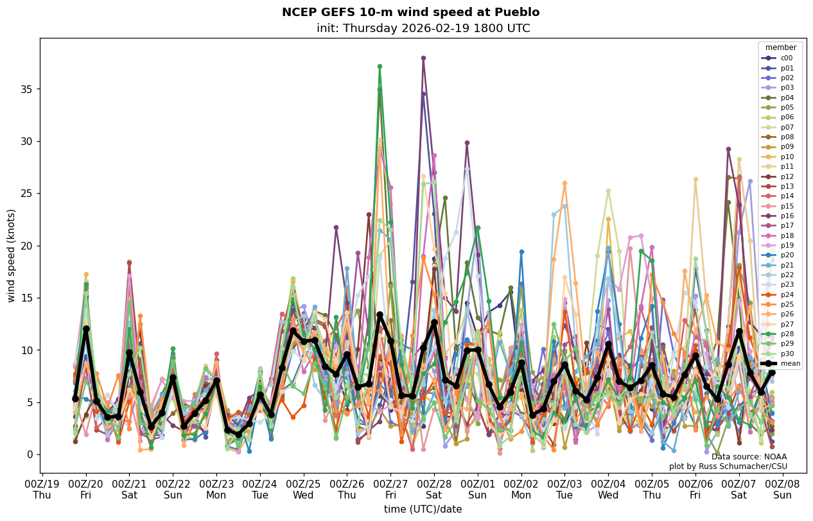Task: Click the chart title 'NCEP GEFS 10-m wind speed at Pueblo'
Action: coord(410,12)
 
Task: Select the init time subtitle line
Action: coord(423,28)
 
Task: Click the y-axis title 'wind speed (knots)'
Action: coord(11,255)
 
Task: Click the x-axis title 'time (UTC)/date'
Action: coord(423,509)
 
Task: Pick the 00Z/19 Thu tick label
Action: coord(42,490)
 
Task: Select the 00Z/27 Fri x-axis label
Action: coord(390,490)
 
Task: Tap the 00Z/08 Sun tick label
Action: coord(783,490)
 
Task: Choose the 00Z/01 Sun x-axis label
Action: coord(478,490)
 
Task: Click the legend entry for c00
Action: coord(787,58)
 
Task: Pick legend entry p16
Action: coord(787,216)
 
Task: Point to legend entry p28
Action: coord(787,334)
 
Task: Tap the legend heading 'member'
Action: coord(780,47)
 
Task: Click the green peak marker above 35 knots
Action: coord(380,66)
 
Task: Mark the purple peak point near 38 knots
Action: coord(423,58)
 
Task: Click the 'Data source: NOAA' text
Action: coord(749,457)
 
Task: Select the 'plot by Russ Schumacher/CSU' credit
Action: coord(728,466)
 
